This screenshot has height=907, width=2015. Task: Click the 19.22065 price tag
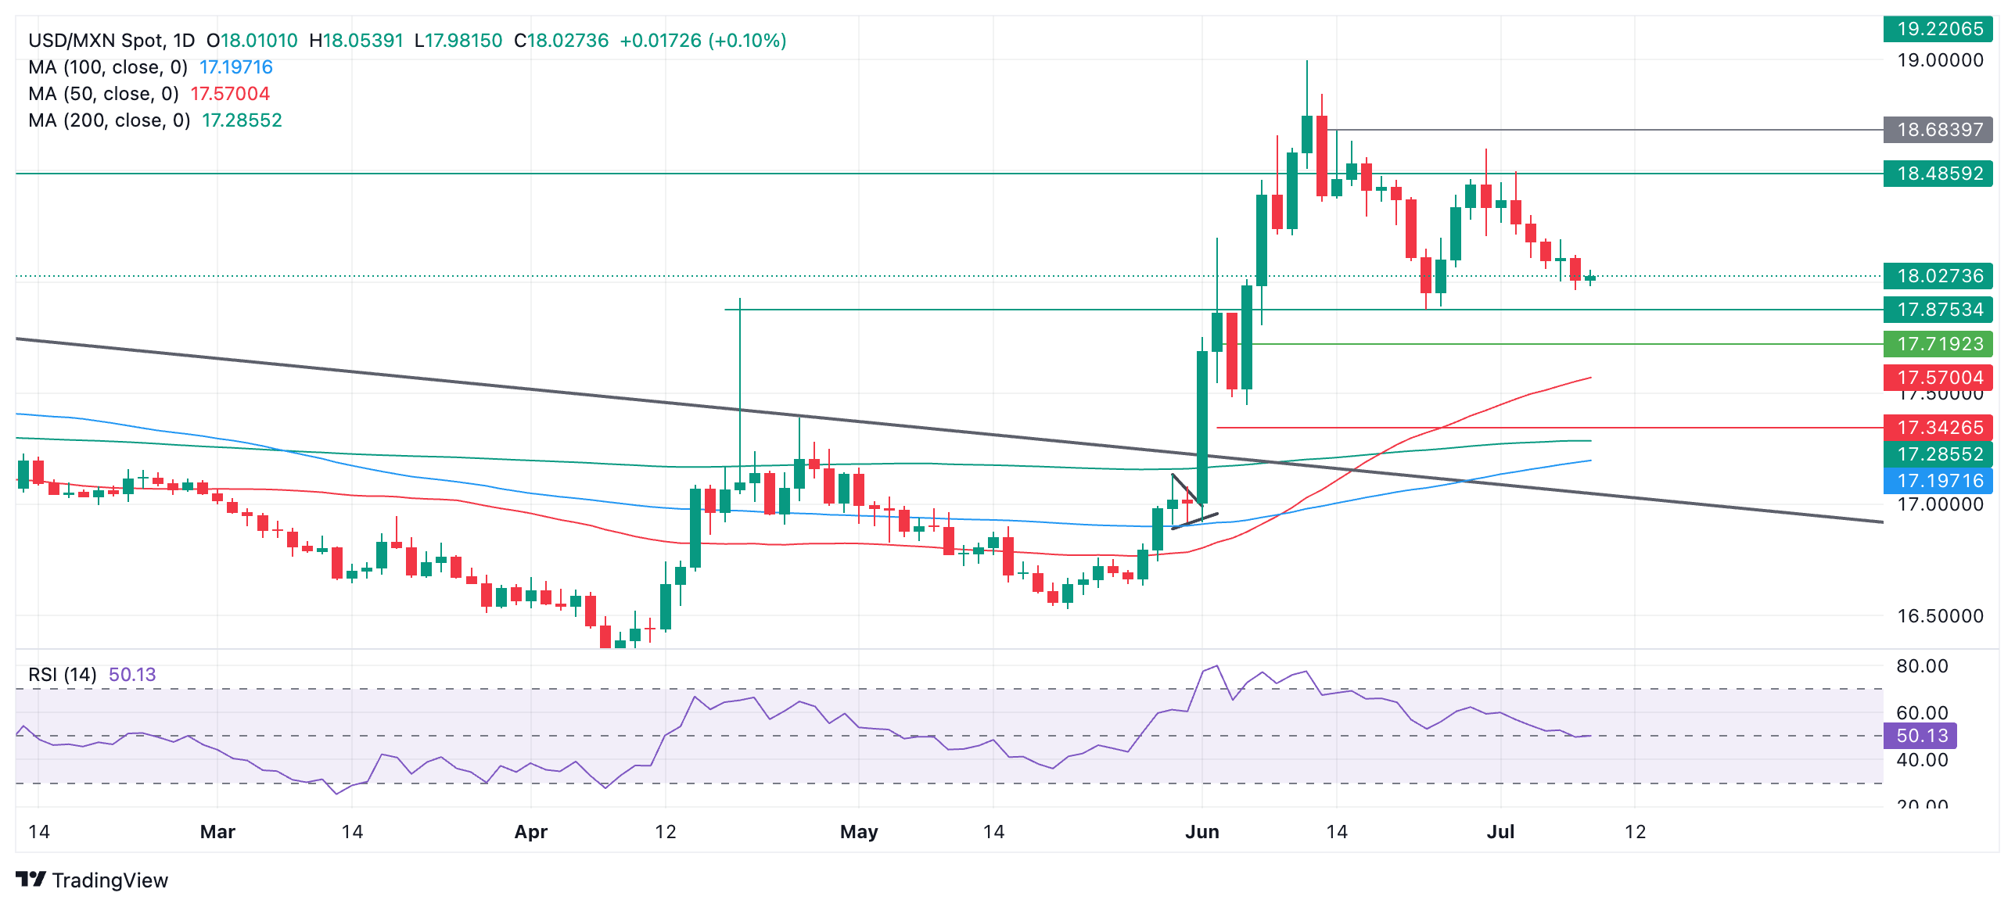tap(1938, 29)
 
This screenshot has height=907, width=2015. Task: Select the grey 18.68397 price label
tap(1938, 130)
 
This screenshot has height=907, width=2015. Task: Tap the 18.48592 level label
tap(1938, 174)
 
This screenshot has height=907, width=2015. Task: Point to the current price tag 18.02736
tap(1938, 276)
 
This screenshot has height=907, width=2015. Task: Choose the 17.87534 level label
tap(1938, 310)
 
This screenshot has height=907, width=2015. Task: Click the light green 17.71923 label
tap(1938, 344)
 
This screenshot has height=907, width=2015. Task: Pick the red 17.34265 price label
tap(1938, 428)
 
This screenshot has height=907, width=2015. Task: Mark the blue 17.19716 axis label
tap(1938, 481)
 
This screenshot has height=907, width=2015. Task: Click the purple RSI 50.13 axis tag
tap(1920, 736)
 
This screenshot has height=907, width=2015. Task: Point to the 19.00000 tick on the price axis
tap(1940, 60)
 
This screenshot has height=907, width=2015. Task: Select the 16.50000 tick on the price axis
tap(1940, 616)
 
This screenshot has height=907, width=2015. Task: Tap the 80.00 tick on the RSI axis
tap(1922, 666)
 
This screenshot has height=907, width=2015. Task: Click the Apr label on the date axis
tap(530, 832)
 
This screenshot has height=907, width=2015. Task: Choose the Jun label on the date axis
tap(1201, 832)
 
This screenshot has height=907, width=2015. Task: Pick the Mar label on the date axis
tap(217, 832)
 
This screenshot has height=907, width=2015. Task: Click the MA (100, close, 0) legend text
tap(108, 67)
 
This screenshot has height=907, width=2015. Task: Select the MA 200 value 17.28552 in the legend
tap(242, 120)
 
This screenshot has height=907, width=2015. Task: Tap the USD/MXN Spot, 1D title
tap(111, 41)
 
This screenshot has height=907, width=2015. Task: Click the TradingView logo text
tap(110, 880)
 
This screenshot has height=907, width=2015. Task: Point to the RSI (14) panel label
tap(63, 675)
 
